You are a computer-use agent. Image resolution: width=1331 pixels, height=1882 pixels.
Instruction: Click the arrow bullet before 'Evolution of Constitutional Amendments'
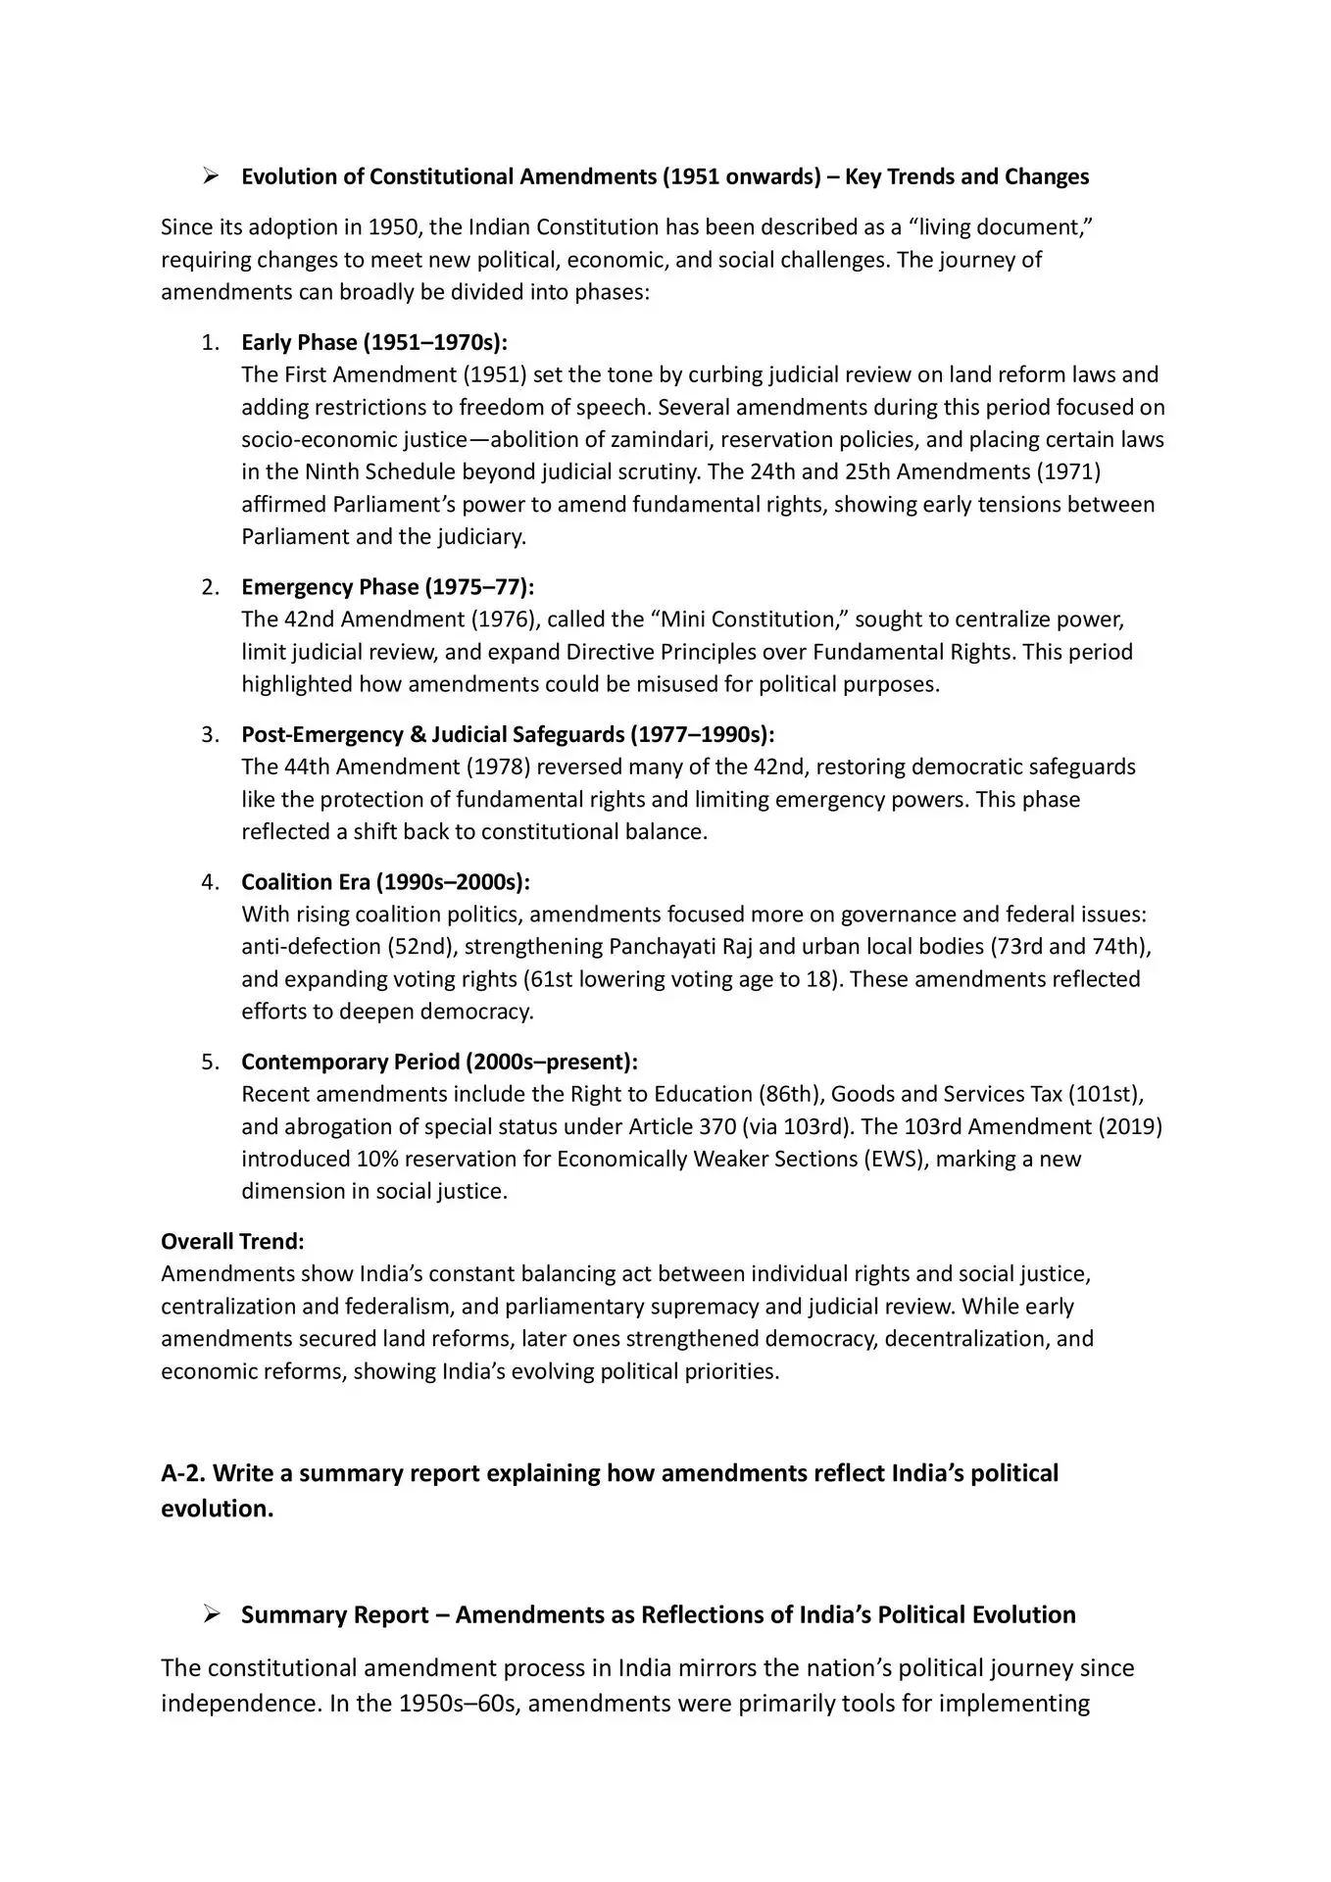coord(210,176)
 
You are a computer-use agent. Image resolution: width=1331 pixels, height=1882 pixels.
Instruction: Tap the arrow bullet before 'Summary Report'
coord(210,1614)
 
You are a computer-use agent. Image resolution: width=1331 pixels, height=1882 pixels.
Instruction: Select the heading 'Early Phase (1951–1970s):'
coord(374,342)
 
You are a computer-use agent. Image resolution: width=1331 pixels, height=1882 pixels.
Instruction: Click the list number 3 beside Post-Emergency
coord(210,734)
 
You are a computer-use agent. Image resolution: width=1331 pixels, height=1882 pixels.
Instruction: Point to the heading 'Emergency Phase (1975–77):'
coord(388,587)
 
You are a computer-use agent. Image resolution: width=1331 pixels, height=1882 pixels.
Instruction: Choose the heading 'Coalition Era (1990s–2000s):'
coord(385,882)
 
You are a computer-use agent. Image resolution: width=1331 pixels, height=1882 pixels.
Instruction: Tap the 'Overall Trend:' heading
coord(232,1241)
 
